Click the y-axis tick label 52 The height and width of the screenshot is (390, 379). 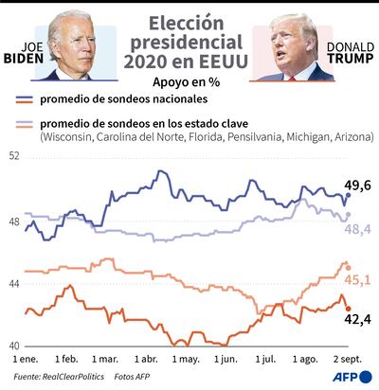click(x=15, y=155)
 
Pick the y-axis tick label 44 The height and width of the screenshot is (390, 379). click(x=15, y=283)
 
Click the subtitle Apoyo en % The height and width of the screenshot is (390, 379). click(x=189, y=83)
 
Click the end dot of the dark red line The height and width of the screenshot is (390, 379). click(x=348, y=309)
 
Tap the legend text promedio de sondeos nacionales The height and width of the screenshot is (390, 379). click(x=124, y=100)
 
